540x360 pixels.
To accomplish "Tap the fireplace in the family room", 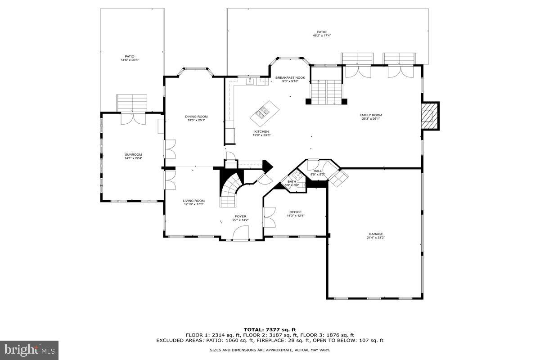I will (x=428, y=116).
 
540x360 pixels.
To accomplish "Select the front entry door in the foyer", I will (x=241, y=233).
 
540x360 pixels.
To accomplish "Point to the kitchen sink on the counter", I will (x=250, y=81).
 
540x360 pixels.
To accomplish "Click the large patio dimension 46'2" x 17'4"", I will (x=321, y=36).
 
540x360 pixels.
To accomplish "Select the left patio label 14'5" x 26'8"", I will (x=130, y=58).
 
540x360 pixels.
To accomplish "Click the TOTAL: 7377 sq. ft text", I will (x=270, y=330).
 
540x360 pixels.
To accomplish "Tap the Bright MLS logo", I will (x=29, y=349).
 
